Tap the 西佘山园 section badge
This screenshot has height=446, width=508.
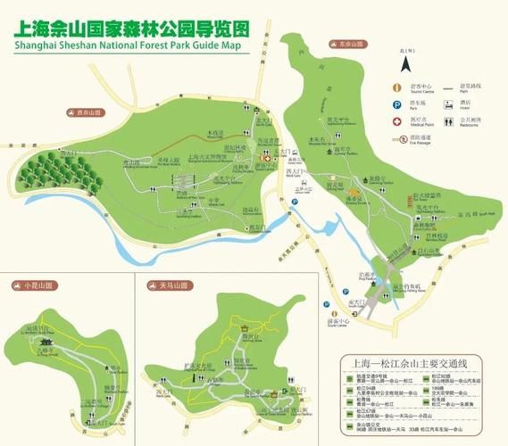84,113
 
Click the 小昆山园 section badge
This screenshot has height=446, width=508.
31,285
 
